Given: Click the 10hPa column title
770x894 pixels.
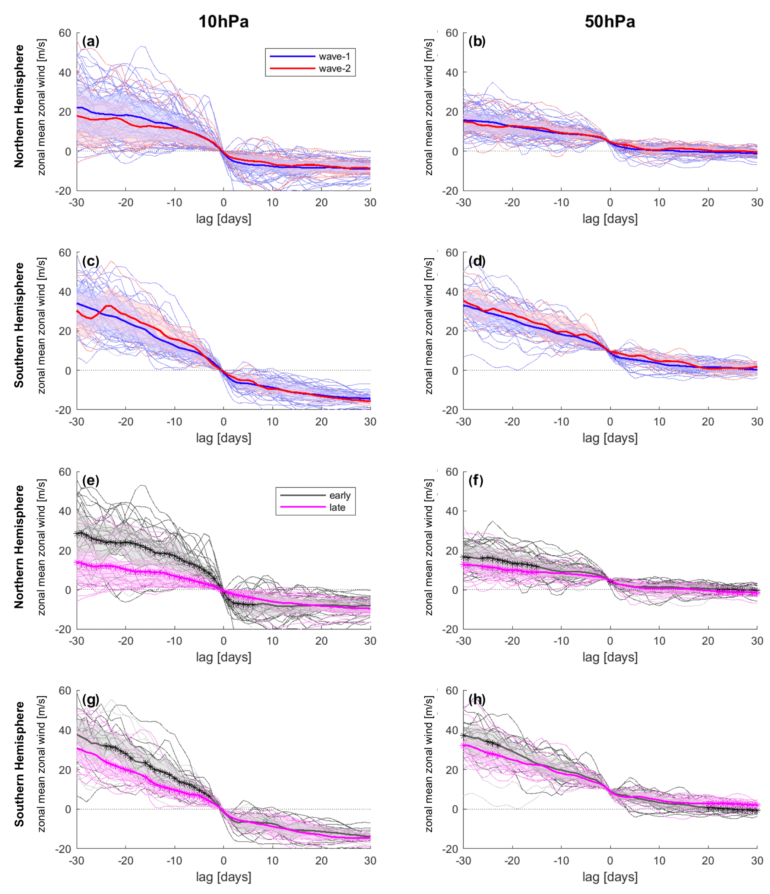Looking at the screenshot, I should pos(223,22).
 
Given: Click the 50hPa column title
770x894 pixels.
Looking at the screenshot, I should pos(609,22).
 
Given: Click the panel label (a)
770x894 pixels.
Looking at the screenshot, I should pos(90,41).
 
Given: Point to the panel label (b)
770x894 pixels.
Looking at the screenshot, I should pos(477,41).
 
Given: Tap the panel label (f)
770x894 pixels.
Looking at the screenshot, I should pos(476,480).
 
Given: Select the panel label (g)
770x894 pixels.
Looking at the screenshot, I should pos(90,699).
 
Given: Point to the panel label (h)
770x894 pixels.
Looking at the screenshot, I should pos(477,699).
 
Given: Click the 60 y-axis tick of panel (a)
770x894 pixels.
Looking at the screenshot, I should pos(65,33).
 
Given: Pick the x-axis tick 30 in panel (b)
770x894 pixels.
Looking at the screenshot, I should pos(757,203).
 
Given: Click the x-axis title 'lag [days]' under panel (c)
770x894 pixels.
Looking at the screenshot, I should pos(223,438).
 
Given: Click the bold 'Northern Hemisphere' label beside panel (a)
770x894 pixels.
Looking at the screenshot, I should pos(19,106).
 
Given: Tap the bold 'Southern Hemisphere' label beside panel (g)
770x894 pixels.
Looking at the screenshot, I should pos(19,764).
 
